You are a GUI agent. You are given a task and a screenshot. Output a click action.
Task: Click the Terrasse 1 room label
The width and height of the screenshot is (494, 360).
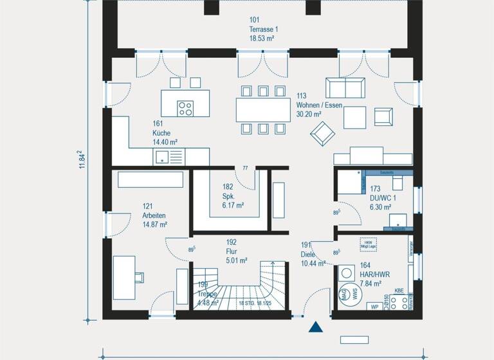[263, 30]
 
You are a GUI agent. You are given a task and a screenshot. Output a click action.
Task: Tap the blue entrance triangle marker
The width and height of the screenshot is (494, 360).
[315, 328]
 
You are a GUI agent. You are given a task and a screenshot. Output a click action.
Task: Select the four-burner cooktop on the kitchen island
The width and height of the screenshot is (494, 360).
[186, 109]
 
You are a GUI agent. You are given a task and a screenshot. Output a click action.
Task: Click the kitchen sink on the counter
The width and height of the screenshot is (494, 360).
[161, 156]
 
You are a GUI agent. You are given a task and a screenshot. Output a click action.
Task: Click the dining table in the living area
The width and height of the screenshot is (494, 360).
[262, 109]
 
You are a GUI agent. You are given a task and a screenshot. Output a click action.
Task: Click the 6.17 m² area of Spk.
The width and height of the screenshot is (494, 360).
[233, 206]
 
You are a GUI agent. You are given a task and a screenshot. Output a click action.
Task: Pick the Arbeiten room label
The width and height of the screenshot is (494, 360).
[154, 215]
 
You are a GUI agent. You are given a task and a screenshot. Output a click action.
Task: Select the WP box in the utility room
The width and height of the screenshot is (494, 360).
[374, 307]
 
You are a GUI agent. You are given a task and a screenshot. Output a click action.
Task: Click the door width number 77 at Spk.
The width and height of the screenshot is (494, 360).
[245, 168]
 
